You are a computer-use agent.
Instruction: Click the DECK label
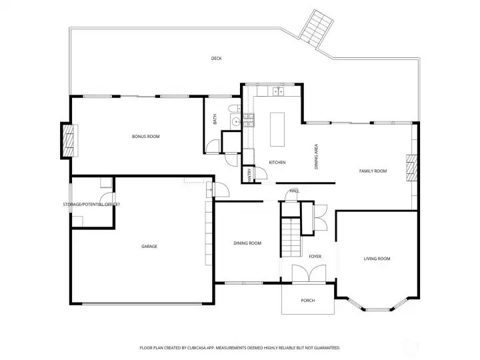[216, 59]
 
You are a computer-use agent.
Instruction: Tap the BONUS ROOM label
[145, 137]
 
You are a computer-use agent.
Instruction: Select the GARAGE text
[149, 247]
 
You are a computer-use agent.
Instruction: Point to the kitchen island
[278, 129]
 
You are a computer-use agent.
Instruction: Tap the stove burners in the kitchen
[249, 119]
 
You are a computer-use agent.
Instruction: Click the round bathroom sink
[235, 121]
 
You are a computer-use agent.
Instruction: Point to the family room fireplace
[411, 169]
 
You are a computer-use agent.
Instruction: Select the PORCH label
[307, 301]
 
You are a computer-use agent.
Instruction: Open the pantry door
[261, 173]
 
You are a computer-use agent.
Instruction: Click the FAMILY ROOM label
[373, 171]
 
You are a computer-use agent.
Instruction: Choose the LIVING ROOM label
[377, 259]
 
